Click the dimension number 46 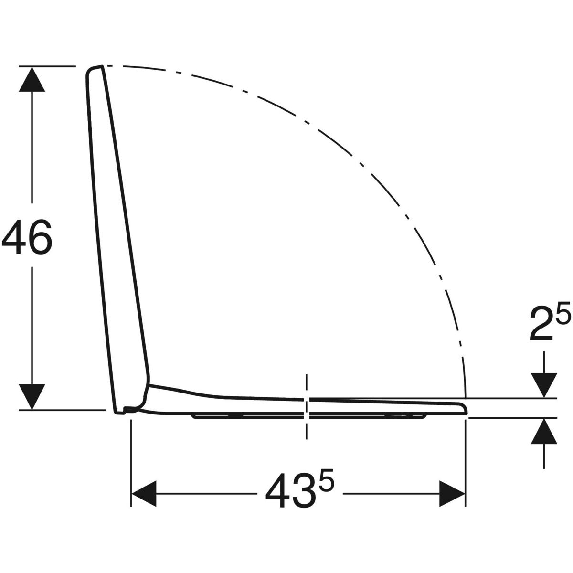27,237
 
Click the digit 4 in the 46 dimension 13,237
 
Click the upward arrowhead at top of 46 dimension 32,79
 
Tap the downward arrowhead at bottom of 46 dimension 32,397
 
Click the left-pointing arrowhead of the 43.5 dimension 144,494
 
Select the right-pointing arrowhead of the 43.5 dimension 452,494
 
